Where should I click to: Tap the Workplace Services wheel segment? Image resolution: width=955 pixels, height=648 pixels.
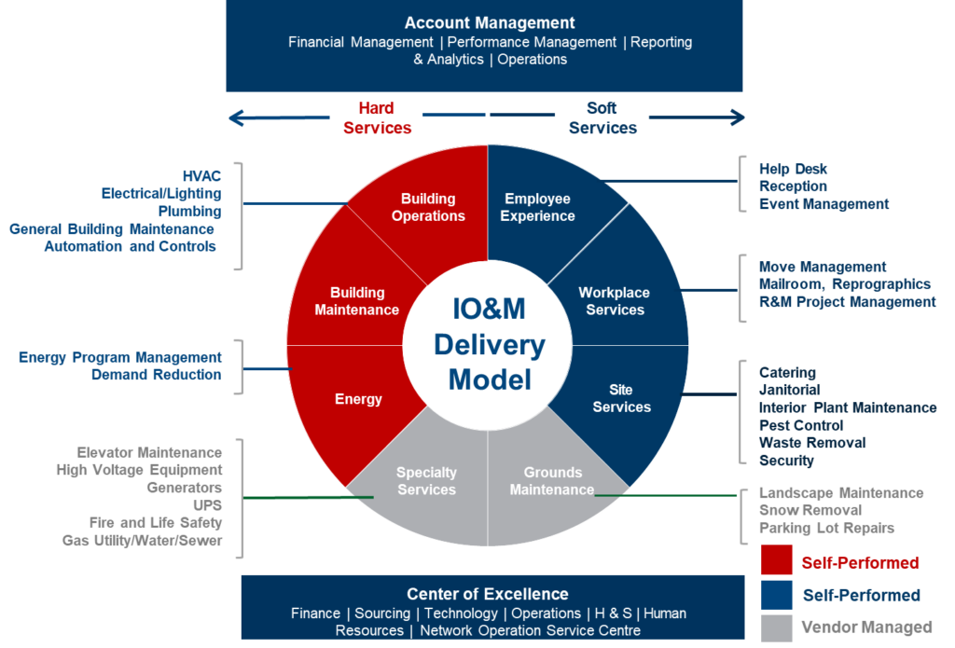(x=615, y=301)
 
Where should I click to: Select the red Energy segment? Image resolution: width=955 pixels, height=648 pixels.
(x=358, y=399)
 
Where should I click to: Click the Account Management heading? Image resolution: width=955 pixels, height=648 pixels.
(x=490, y=22)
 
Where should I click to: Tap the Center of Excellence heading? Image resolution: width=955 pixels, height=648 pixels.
(x=487, y=594)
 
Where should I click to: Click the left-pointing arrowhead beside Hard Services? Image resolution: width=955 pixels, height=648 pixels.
(x=235, y=117)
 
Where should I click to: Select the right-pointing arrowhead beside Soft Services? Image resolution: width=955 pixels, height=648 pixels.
(x=739, y=117)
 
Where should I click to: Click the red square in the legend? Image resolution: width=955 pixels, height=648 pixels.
(x=777, y=561)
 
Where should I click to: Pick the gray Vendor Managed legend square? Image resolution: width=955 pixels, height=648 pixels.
(x=777, y=626)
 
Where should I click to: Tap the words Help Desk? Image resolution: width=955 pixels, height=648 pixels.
(x=793, y=169)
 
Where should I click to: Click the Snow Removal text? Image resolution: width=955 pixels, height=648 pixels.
(x=797, y=510)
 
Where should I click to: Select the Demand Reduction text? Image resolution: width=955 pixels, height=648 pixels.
(x=156, y=374)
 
